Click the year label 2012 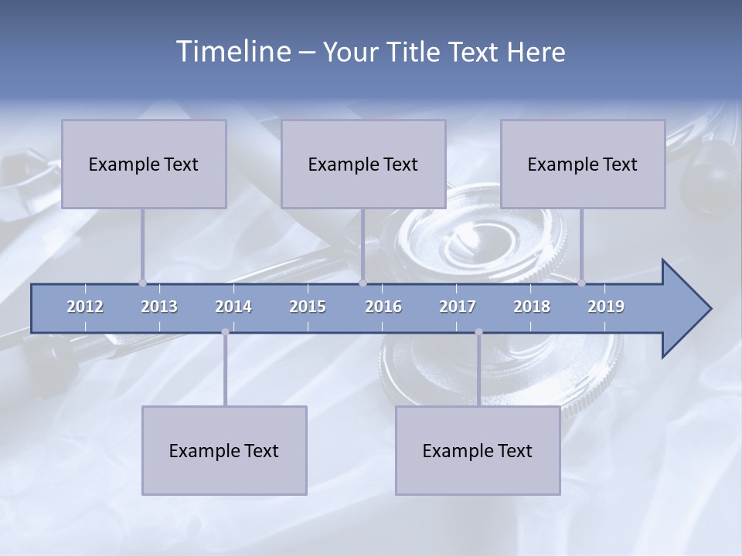(x=85, y=307)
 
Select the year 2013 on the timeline (x=159, y=307)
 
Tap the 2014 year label (x=233, y=307)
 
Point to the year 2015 (x=308, y=307)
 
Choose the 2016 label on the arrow (x=383, y=307)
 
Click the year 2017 (x=458, y=307)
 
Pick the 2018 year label (x=532, y=307)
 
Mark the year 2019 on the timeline (x=606, y=307)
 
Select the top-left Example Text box (x=144, y=164)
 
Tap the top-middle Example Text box (x=363, y=164)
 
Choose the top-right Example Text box (x=583, y=164)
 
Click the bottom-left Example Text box (x=224, y=450)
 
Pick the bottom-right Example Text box (x=478, y=450)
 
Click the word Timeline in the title (x=232, y=52)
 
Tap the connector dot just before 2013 (x=142, y=283)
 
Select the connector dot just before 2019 (x=581, y=283)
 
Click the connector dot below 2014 (x=225, y=332)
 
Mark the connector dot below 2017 (x=478, y=332)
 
